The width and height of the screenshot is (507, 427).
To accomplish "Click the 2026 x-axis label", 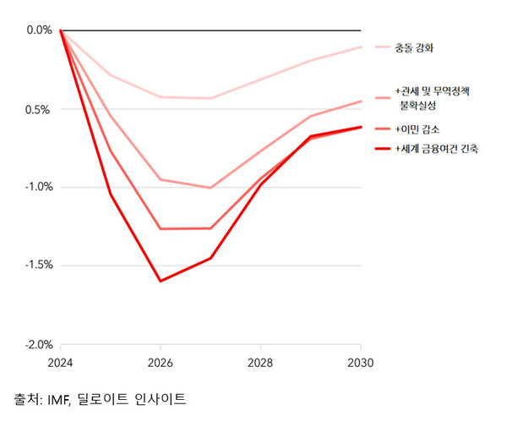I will (161, 364).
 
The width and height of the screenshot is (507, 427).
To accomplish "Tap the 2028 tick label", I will (261, 364).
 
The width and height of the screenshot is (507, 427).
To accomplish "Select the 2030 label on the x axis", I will (361, 364).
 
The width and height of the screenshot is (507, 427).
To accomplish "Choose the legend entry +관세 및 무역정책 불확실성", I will (430, 98).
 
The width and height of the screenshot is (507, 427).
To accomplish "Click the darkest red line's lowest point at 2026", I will (161, 281).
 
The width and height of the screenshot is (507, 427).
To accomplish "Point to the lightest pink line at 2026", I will (161, 97).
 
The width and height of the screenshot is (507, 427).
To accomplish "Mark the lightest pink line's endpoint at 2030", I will (361, 47).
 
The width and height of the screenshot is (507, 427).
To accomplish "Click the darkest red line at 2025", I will (111, 194).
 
